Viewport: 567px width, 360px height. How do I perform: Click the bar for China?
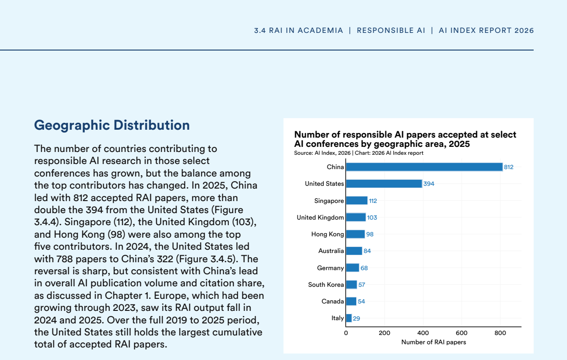click(424, 167)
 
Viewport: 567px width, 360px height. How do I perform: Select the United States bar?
click(384, 184)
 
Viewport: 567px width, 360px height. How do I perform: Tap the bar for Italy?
click(349, 318)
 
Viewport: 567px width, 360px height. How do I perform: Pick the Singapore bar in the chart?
click(357, 201)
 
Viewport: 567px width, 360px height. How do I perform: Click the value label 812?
click(509, 167)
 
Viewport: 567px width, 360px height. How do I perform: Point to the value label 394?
click(429, 184)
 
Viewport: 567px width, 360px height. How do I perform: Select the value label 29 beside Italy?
click(356, 318)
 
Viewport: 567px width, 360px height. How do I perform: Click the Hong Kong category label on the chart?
click(328, 234)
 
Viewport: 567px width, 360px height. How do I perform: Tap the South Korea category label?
click(326, 284)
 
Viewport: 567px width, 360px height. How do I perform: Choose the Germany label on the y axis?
click(330, 268)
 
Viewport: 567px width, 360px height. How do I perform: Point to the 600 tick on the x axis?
click(461, 333)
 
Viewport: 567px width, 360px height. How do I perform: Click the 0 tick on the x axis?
click(346, 333)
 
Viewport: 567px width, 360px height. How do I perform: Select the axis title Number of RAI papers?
click(434, 342)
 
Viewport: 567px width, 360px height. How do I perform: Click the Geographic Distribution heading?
click(112, 125)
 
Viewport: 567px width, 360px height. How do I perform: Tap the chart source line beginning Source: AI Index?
click(359, 153)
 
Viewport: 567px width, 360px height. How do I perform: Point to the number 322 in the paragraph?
click(165, 259)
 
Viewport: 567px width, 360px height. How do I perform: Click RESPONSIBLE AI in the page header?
click(391, 31)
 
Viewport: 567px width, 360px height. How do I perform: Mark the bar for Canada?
click(351, 302)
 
